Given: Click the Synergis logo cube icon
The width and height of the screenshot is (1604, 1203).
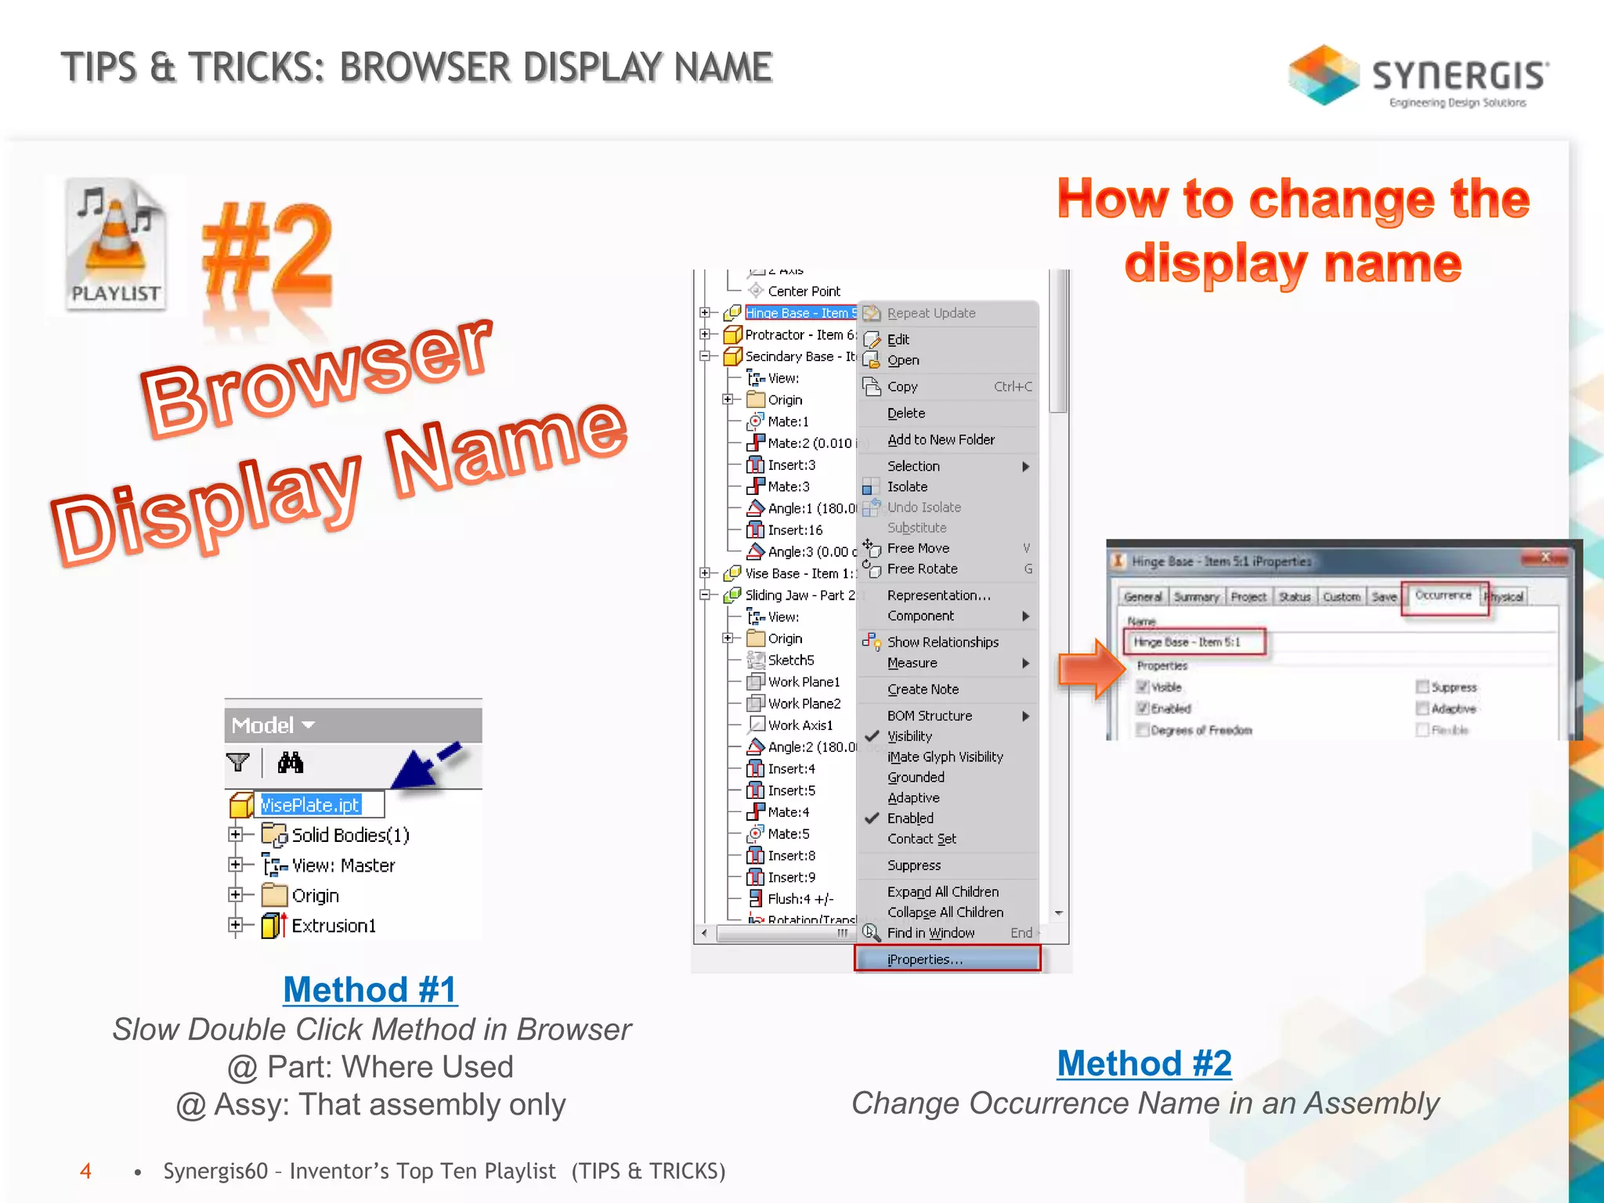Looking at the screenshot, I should click(x=1324, y=75).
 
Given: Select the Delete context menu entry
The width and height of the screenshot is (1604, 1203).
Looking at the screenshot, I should click(x=906, y=414).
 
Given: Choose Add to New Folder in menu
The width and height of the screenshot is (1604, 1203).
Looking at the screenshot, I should click(x=941, y=440).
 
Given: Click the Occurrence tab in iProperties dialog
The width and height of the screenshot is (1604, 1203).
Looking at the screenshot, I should click(x=1443, y=596).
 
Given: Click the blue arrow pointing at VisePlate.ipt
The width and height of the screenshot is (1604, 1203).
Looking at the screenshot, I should click(x=423, y=768).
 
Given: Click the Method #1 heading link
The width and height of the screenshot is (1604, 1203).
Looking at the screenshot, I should click(x=370, y=990).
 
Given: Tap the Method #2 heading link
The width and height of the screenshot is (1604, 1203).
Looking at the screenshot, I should click(x=1144, y=1064).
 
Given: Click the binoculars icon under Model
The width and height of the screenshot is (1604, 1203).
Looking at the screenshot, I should click(x=291, y=762).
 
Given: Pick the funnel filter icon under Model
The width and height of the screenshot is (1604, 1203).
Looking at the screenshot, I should click(x=237, y=762).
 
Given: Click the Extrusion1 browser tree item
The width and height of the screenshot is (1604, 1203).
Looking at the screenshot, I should click(x=334, y=927).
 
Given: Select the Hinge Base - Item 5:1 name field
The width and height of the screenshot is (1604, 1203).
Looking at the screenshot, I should click(x=1195, y=642).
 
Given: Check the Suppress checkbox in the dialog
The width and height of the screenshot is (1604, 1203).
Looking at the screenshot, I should click(x=1422, y=687).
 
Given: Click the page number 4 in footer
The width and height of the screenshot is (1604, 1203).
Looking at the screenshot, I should click(x=85, y=1171).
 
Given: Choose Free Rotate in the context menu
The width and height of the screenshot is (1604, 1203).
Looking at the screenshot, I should click(x=922, y=569).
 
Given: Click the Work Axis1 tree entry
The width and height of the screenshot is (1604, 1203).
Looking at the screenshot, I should click(x=800, y=725).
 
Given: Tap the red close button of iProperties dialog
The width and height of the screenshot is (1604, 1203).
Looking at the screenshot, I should click(x=1545, y=558).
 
